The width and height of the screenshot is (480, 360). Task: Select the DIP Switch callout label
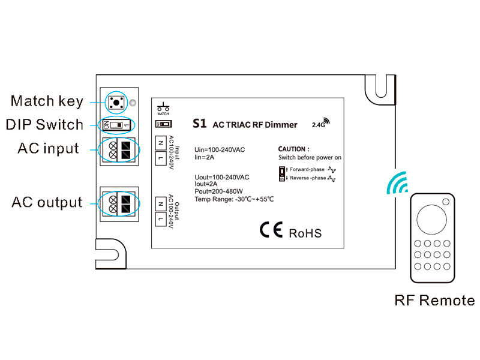(44, 125)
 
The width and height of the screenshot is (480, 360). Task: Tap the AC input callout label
(48, 148)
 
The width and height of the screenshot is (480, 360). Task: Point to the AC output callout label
(47, 202)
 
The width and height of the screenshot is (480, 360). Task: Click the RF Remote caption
(434, 300)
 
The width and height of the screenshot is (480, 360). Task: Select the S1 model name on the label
(199, 124)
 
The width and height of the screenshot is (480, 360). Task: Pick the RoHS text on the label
(305, 233)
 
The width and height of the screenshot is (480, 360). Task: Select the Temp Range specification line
(234, 199)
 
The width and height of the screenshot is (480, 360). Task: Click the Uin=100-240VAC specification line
(220, 149)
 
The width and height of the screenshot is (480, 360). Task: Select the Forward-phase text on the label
(307, 169)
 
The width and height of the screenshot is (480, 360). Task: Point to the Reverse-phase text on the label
(307, 178)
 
